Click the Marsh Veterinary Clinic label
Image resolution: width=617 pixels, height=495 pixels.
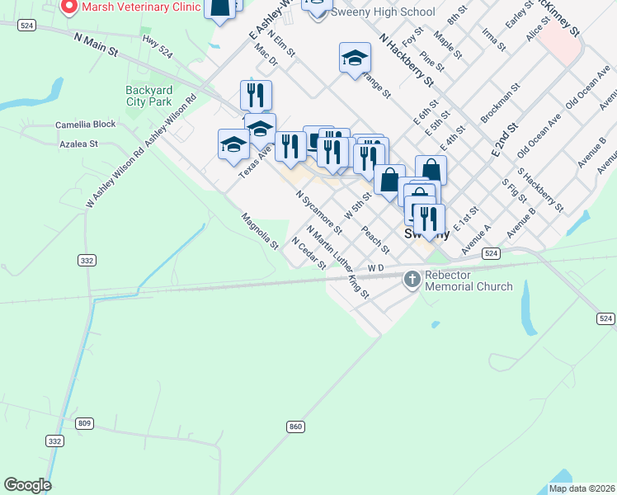[141, 7]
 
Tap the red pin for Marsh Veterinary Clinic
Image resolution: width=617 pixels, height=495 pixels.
[68, 6]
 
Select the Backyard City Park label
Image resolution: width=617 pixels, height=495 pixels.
[148, 96]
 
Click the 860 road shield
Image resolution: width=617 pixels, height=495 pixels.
[295, 427]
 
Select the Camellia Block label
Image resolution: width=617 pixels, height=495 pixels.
[86, 125]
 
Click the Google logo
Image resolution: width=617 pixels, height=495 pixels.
[27, 485]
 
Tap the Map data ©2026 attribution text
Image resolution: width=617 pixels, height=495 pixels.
[582, 488]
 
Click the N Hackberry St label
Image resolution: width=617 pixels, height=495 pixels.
[406, 59]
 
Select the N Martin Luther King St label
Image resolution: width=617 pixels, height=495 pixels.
[337, 262]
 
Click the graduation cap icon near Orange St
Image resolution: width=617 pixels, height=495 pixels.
[355, 58]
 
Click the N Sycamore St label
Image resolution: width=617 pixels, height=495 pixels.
[319, 211]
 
